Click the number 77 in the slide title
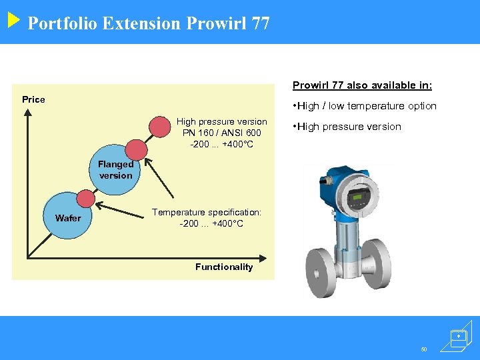coord(261,24)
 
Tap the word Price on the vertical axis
coord(33,99)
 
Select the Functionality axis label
coord(224,267)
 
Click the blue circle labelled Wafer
coord(68,218)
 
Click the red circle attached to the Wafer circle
coord(86,198)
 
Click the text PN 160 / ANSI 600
coord(221,133)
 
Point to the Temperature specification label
coord(207,212)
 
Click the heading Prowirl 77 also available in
coord(363,85)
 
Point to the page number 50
coord(423,349)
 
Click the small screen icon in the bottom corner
coord(458,337)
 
